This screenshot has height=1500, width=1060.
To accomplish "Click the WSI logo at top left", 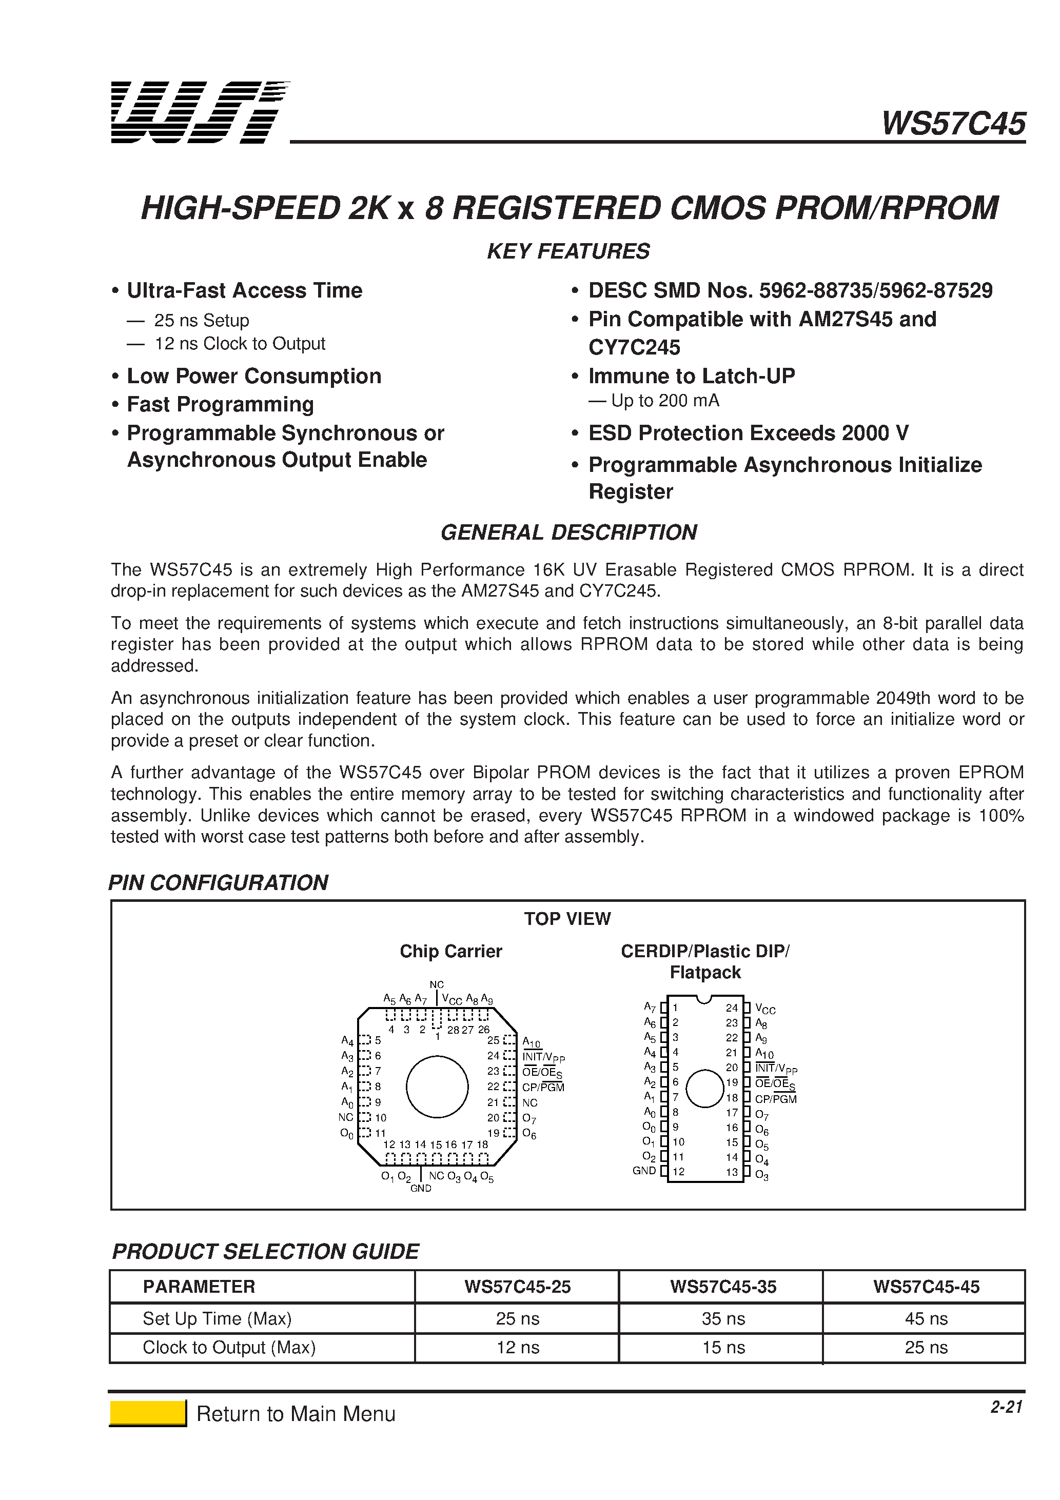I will click(x=199, y=112).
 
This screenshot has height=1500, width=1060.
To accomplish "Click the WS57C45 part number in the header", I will click(x=953, y=124).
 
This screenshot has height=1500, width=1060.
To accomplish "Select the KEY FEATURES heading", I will click(x=568, y=251).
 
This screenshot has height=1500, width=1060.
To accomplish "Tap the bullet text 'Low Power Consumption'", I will click(x=253, y=377).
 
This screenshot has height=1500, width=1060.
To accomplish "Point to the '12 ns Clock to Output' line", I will click(x=239, y=344).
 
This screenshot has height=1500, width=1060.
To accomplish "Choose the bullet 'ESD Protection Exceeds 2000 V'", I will click(x=748, y=433).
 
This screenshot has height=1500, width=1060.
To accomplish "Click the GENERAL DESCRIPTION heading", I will click(x=568, y=532).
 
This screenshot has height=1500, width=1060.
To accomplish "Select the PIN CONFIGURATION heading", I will click(x=218, y=883).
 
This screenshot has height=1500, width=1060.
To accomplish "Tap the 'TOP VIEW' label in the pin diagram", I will click(x=566, y=919).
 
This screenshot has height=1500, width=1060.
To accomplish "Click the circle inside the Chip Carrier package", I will click(x=437, y=1087).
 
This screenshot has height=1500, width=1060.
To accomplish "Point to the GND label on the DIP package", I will click(x=644, y=1171).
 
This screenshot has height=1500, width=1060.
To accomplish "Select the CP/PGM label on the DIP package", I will click(x=776, y=1099).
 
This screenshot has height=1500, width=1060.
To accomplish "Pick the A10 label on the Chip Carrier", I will click(x=532, y=1041).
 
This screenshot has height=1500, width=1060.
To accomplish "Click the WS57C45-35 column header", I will click(x=723, y=1287).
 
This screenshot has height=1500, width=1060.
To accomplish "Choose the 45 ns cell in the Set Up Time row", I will click(x=926, y=1318).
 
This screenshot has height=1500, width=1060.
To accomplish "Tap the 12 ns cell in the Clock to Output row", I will click(x=518, y=1347).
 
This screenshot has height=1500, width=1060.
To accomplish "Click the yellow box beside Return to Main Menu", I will click(x=148, y=1413).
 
